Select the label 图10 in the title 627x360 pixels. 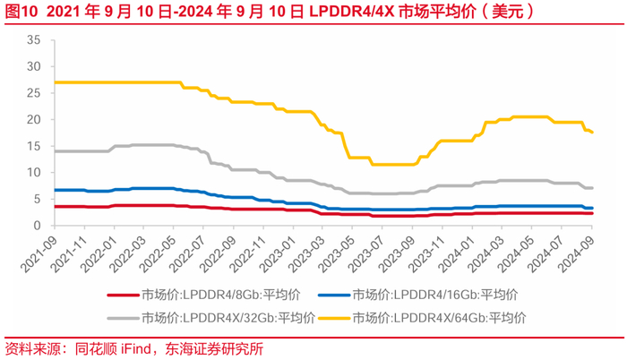click(x=20, y=12)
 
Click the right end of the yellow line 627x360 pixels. click(x=591, y=132)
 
